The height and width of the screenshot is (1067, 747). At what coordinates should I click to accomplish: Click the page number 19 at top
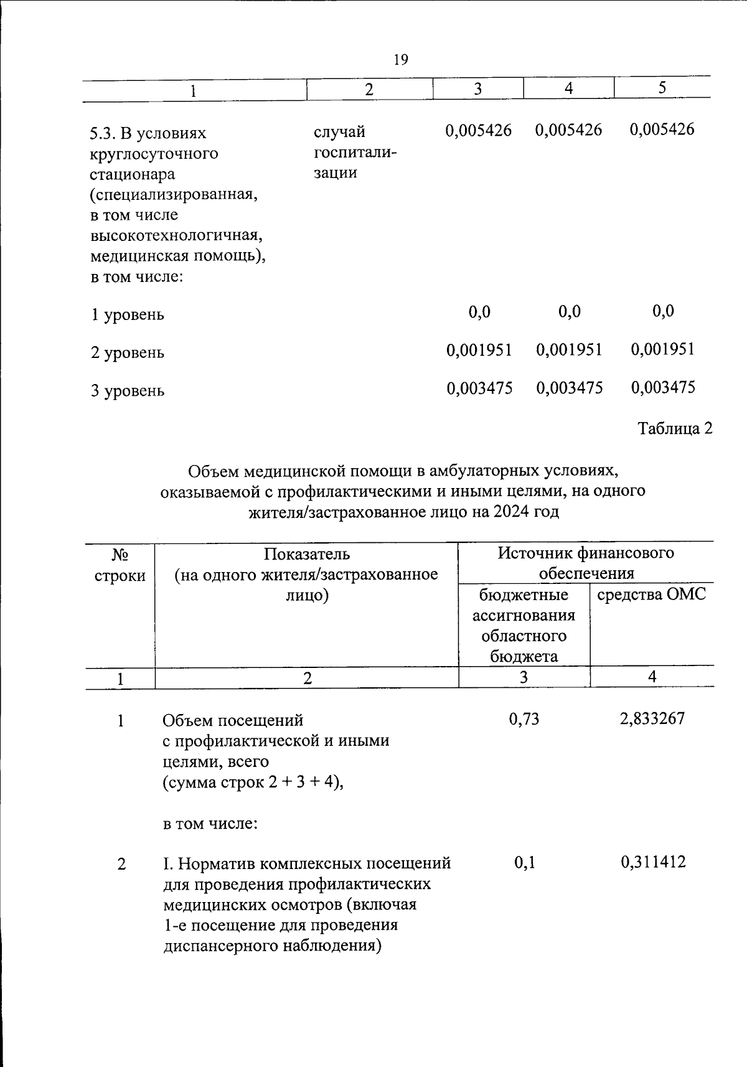[401, 60]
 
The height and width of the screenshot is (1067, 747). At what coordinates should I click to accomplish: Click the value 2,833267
[652, 718]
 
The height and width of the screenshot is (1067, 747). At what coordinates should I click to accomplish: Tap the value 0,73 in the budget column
[524, 719]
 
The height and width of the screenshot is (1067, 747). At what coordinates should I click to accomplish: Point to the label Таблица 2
[675, 428]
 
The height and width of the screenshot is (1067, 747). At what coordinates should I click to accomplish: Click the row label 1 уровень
[128, 314]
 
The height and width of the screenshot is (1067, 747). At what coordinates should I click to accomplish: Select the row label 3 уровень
[128, 391]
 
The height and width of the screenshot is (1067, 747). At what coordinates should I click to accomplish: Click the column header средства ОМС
[651, 595]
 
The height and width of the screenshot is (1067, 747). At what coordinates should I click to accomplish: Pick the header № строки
[120, 564]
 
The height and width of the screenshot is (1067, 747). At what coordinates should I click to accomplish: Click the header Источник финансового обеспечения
[586, 563]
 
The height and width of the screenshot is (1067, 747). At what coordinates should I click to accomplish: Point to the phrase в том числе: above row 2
[210, 824]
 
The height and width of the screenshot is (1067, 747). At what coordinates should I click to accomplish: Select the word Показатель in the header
[306, 553]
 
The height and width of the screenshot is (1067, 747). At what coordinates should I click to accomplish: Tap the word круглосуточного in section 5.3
[154, 153]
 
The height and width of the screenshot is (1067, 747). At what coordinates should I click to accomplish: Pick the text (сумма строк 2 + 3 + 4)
[253, 783]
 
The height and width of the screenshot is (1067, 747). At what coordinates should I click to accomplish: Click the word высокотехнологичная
[176, 235]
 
